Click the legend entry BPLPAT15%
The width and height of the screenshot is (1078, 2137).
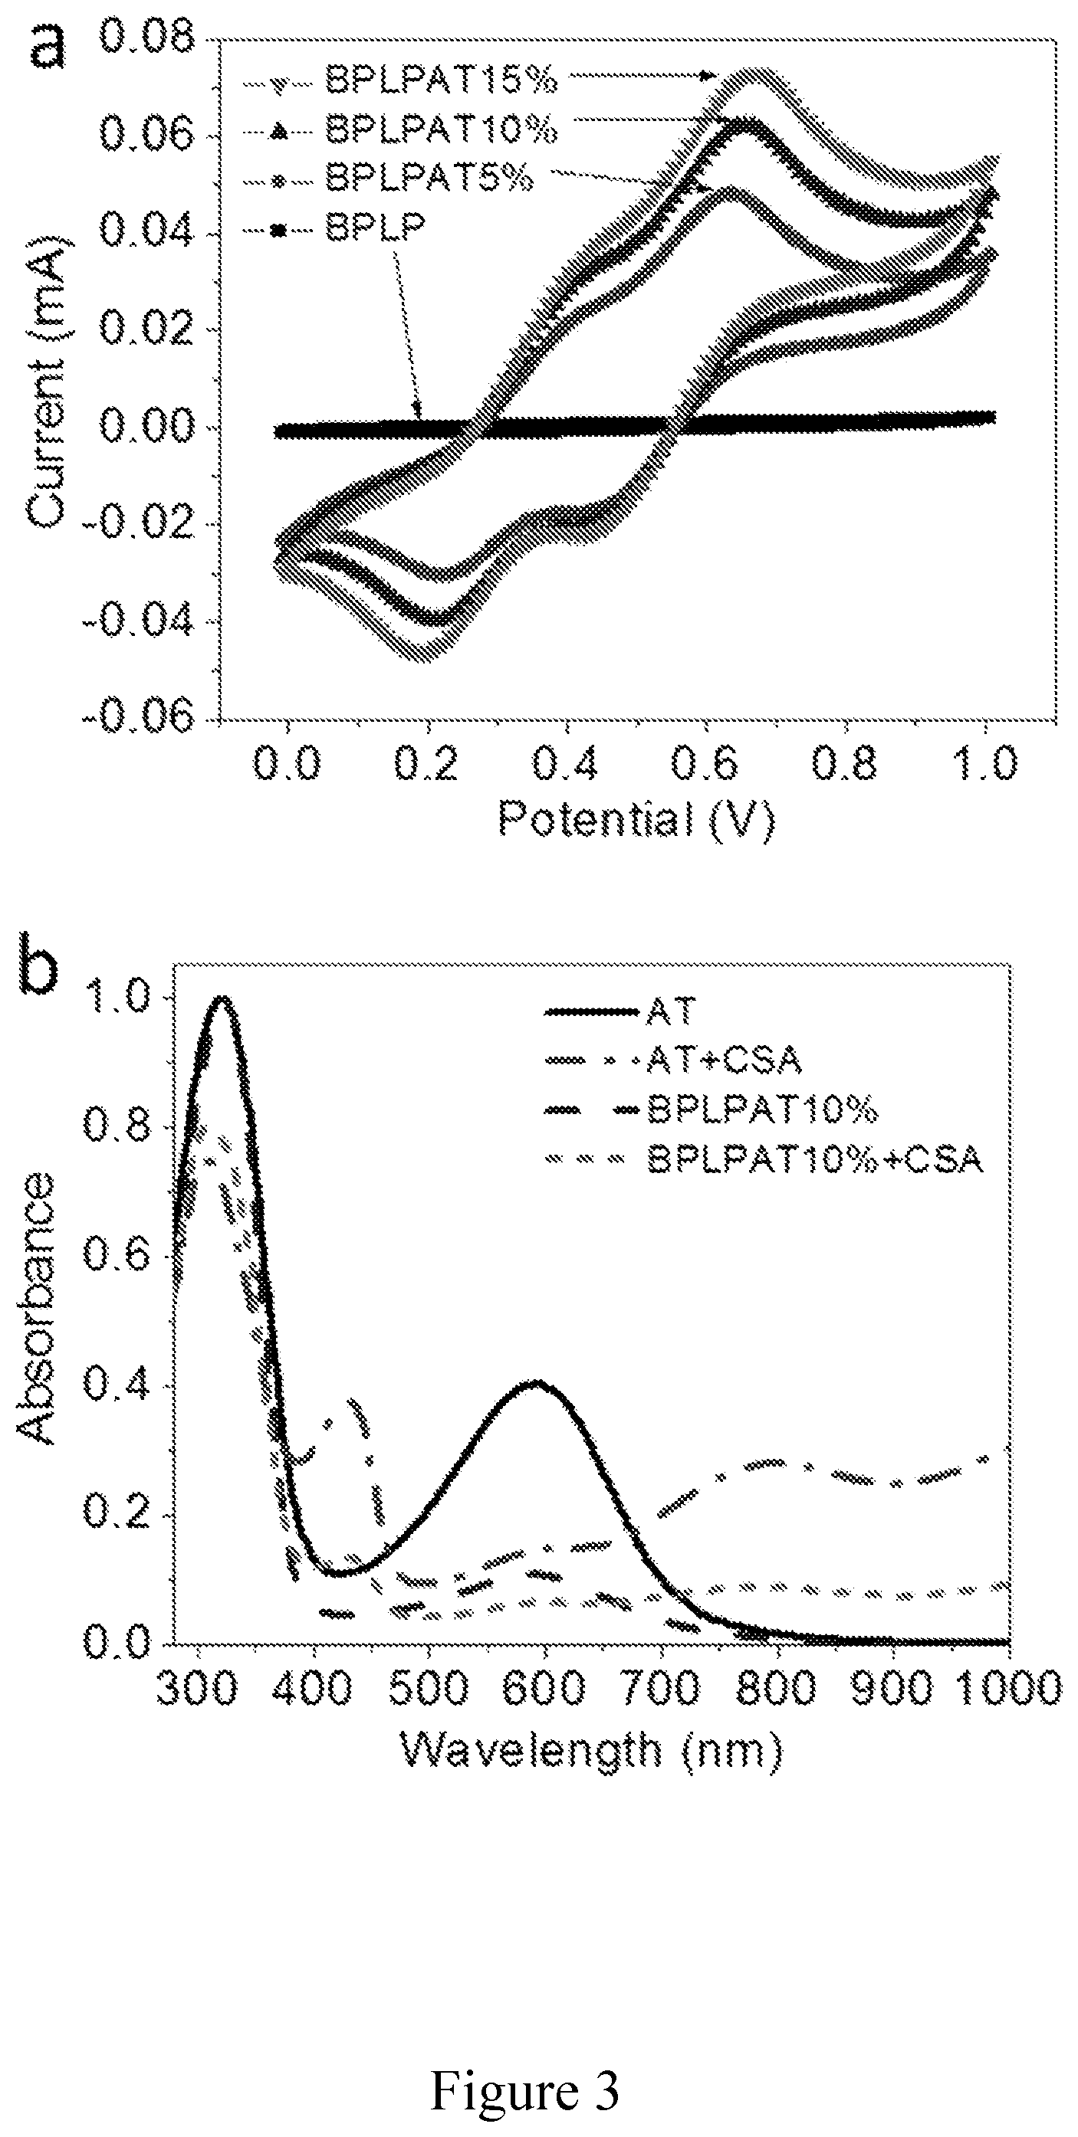(x=441, y=80)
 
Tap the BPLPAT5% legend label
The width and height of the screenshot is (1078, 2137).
(x=429, y=177)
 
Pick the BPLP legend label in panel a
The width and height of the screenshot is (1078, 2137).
(x=375, y=225)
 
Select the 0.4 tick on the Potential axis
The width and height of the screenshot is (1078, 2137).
(x=565, y=764)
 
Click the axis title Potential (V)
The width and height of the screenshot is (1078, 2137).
(x=636, y=821)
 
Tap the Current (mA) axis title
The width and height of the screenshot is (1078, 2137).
(x=47, y=382)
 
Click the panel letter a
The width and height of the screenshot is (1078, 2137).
(x=48, y=48)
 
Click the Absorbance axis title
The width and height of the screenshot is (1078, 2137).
(x=37, y=1309)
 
